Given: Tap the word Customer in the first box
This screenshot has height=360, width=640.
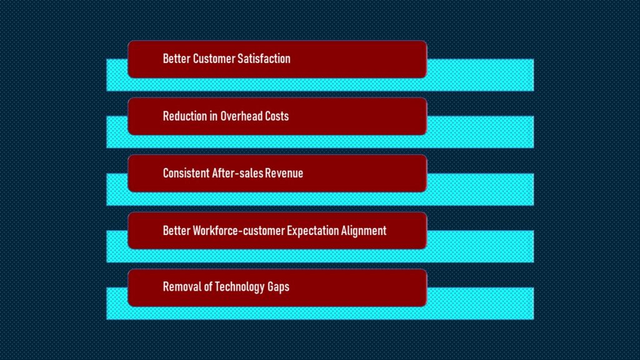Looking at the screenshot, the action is [214, 59].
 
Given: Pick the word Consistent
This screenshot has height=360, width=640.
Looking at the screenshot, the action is [186, 174].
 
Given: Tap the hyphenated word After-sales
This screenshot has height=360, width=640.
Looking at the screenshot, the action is [237, 174].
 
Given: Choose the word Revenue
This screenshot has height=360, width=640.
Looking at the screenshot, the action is [284, 174].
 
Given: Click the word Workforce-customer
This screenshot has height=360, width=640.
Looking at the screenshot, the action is [239, 231].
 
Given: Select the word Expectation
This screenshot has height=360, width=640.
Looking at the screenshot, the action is [313, 231].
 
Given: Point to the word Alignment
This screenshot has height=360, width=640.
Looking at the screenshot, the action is [364, 231].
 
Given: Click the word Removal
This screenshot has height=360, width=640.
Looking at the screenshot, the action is [182, 287].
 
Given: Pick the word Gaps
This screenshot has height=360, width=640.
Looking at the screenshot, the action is [278, 287].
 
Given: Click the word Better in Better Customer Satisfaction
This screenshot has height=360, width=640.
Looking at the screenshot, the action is [177, 59].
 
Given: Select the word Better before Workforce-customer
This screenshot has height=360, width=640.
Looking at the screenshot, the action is [177, 231].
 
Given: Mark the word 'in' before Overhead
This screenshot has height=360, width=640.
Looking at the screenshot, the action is [214, 116].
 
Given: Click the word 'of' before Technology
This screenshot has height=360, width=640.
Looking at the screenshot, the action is [207, 287].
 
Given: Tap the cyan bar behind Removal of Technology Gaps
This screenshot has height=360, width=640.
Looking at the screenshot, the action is [481, 304].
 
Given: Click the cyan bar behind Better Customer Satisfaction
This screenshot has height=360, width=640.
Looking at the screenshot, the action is [481, 75].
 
